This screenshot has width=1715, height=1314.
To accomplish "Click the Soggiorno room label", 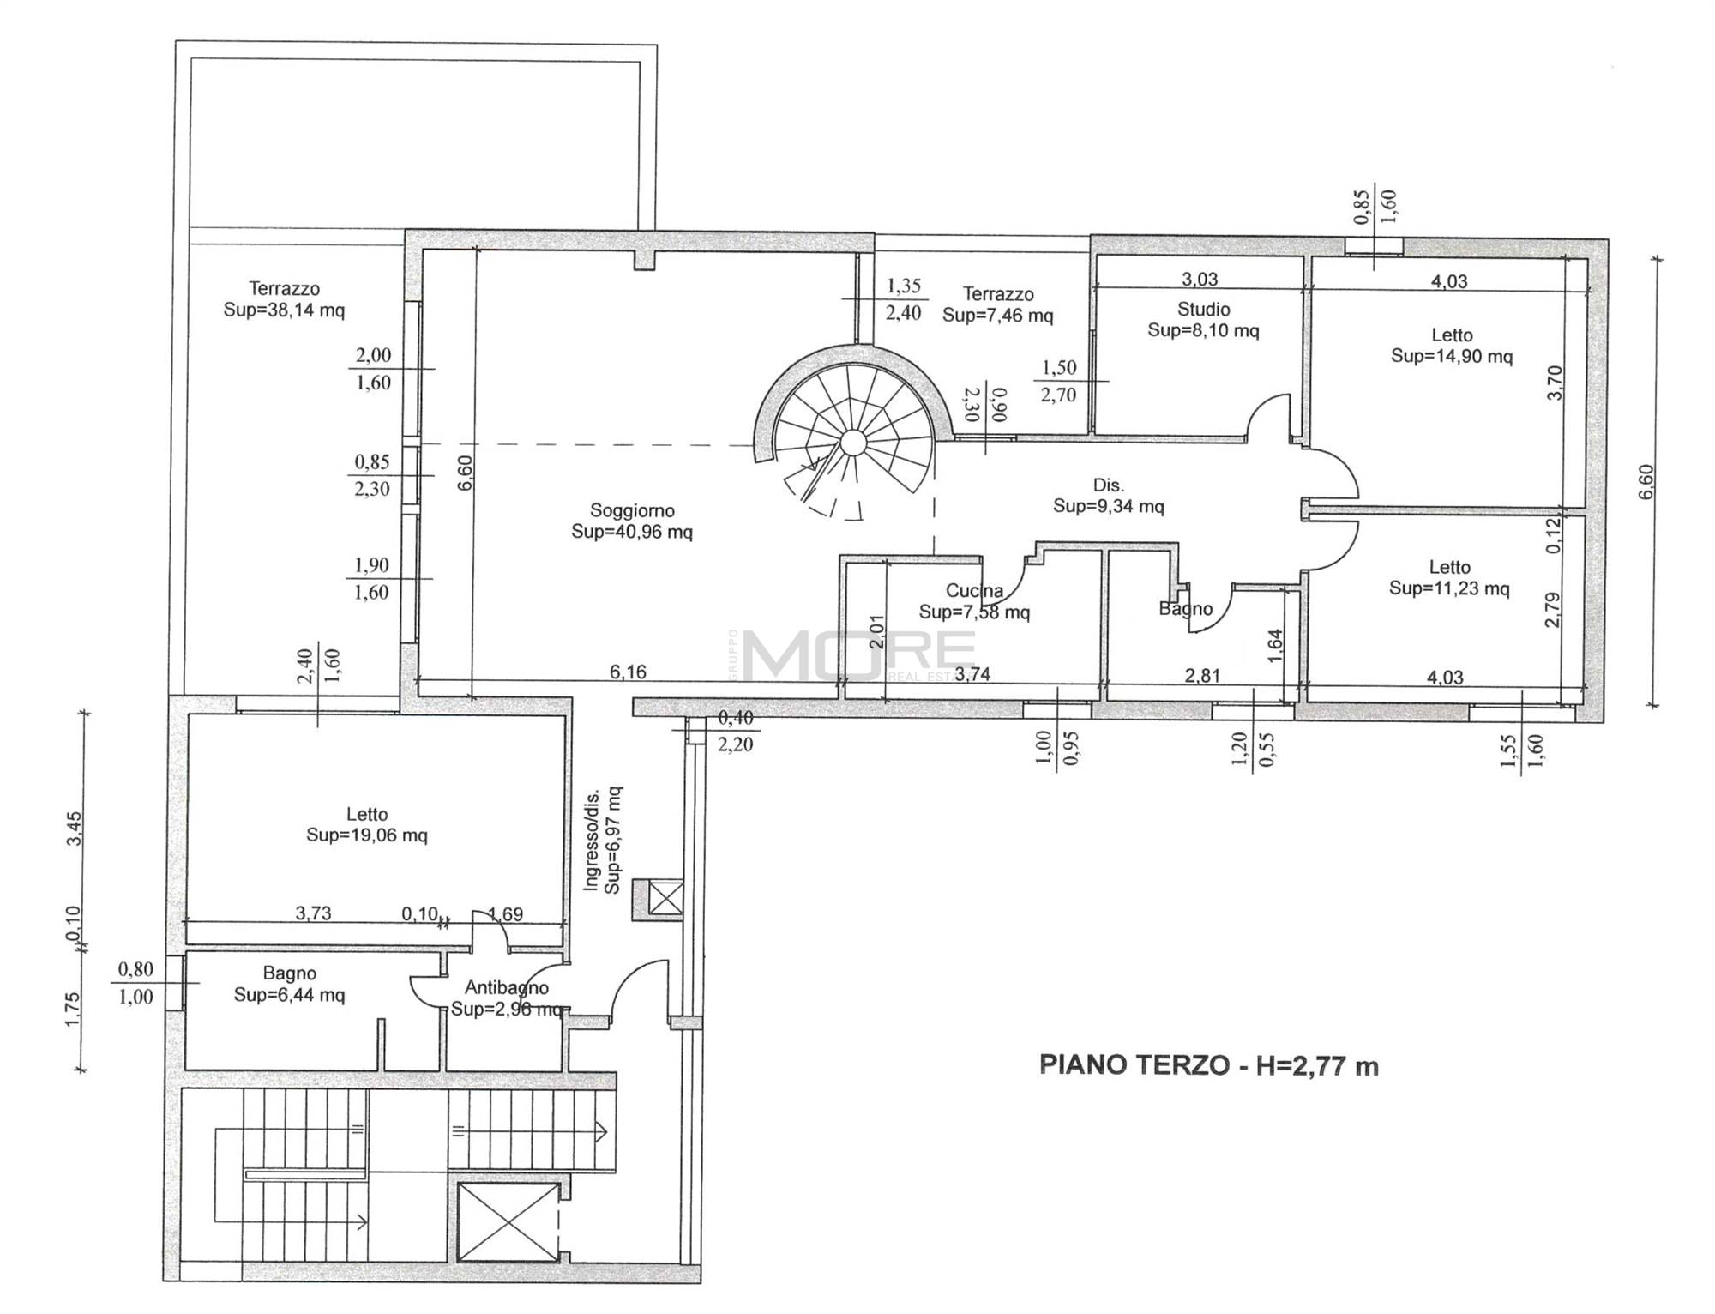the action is pyautogui.click(x=632, y=510).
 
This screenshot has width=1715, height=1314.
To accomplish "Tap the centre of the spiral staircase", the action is pyautogui.click(x=852, y=443).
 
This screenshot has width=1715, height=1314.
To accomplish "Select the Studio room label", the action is pyautogui.click(x=1204, y=309).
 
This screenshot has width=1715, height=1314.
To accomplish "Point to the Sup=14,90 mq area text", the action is pyautogui.click(x=1451, y=356).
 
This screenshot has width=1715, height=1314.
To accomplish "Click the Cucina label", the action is pyautogui.click(x=974, y=590).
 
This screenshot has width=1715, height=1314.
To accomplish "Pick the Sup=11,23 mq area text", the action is pyautogui.click(x=1449, y=588).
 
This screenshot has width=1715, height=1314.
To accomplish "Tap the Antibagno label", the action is pyautogui.click(x=507, y=988).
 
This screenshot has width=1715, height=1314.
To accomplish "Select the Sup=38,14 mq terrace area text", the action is pyautogui.click(x=284, y=310).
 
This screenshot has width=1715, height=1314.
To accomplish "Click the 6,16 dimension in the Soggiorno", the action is pyautogui.click(x=628, y=672).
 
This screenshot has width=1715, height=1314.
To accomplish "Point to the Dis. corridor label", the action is pyautogui.click(x=1108, y=485).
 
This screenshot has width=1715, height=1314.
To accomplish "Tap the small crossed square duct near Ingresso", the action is pyautogui.click(x=666, y=899).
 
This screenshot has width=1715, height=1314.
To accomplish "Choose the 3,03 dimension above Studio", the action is pyautogui.click(x=1200, y=279).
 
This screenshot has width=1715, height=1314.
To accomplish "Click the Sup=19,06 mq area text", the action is pyautogui.click(x=367, y=835).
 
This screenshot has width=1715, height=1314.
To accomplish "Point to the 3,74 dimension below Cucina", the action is pyautogui.click(x=972, y=674).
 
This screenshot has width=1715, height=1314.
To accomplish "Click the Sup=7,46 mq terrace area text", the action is pyautogui.click(x=997, y=316).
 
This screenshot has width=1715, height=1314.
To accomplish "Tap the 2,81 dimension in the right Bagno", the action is pyautogui.click(x=1202, y=676).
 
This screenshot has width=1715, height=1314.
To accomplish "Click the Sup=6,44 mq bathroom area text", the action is pyautogui.click(x=290, y=995).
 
